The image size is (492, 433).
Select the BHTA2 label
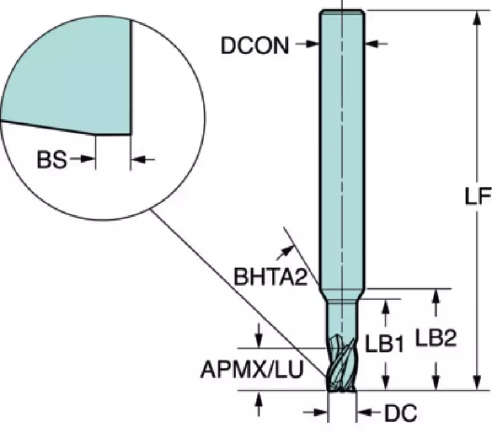pyautogui.click(x=270, y=277)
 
